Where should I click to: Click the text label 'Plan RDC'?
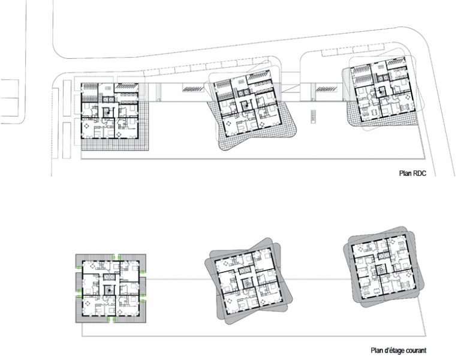click(x=412, y=173)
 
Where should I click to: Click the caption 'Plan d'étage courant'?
click(x=398, y=350)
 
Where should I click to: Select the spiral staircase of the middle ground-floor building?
click(x=246, y=106)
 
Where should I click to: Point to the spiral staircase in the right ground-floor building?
click(x=381, y=92)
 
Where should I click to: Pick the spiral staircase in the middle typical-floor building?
click(x=247, y=283)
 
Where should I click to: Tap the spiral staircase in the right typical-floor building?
click(x=380, y=270)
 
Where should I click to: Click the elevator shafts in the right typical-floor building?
click(x=381, y=256)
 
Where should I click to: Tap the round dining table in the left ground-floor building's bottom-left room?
click(x=89, y=126)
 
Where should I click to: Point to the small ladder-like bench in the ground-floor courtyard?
click(x=314, y=116)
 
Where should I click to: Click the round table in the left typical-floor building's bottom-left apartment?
click(x=88, y=303)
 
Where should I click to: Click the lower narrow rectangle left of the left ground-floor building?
click(x=67, y=140)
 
